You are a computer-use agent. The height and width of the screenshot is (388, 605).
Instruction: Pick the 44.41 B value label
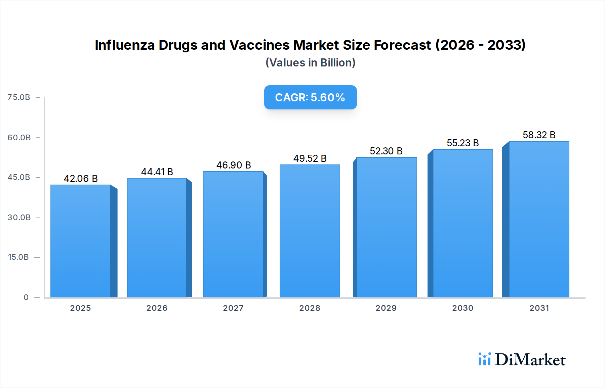[157, 172]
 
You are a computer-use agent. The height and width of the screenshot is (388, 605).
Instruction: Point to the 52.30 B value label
[386, 151]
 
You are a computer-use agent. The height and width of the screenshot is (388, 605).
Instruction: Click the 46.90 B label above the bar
[234, 165]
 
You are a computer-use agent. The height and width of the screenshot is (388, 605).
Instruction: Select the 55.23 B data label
[462, 143]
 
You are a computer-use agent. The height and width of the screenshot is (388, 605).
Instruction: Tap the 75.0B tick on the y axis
[19, 97]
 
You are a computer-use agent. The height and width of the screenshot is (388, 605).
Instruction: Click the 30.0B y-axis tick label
[19, 217]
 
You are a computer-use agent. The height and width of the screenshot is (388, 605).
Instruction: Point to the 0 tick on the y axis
[26, 297]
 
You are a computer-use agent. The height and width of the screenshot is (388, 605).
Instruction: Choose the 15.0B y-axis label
[18, 257]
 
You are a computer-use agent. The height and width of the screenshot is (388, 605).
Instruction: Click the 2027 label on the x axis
[233, 308]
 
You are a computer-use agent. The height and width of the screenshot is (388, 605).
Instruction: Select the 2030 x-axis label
[462, 308]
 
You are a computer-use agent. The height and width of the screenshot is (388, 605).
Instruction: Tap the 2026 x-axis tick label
[157, 308]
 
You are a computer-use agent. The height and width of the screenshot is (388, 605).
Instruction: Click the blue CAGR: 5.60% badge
[310, 97]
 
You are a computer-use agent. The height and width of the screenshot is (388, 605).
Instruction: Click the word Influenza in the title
[125, 45]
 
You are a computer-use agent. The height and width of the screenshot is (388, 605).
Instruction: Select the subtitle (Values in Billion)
[310, 63]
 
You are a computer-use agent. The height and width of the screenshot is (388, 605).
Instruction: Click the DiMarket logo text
[530, 360]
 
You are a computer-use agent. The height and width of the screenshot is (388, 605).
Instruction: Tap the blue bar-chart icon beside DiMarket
[484, 359]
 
